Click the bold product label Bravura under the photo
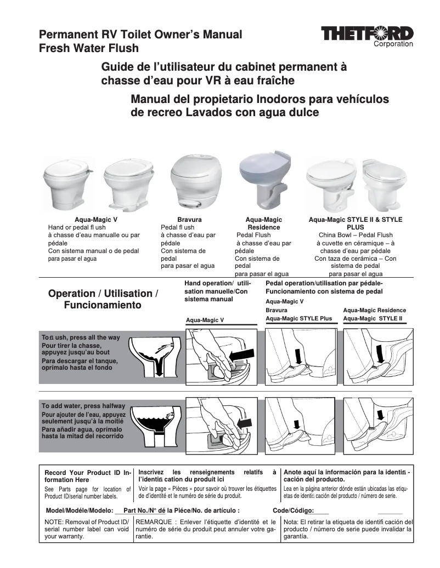point(189,220)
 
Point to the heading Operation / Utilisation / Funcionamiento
point(103,299)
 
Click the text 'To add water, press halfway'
point(83,406)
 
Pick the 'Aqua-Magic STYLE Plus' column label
point(299,318)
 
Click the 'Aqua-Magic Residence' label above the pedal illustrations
point(374,310)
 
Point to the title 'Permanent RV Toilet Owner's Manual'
point(140,35)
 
